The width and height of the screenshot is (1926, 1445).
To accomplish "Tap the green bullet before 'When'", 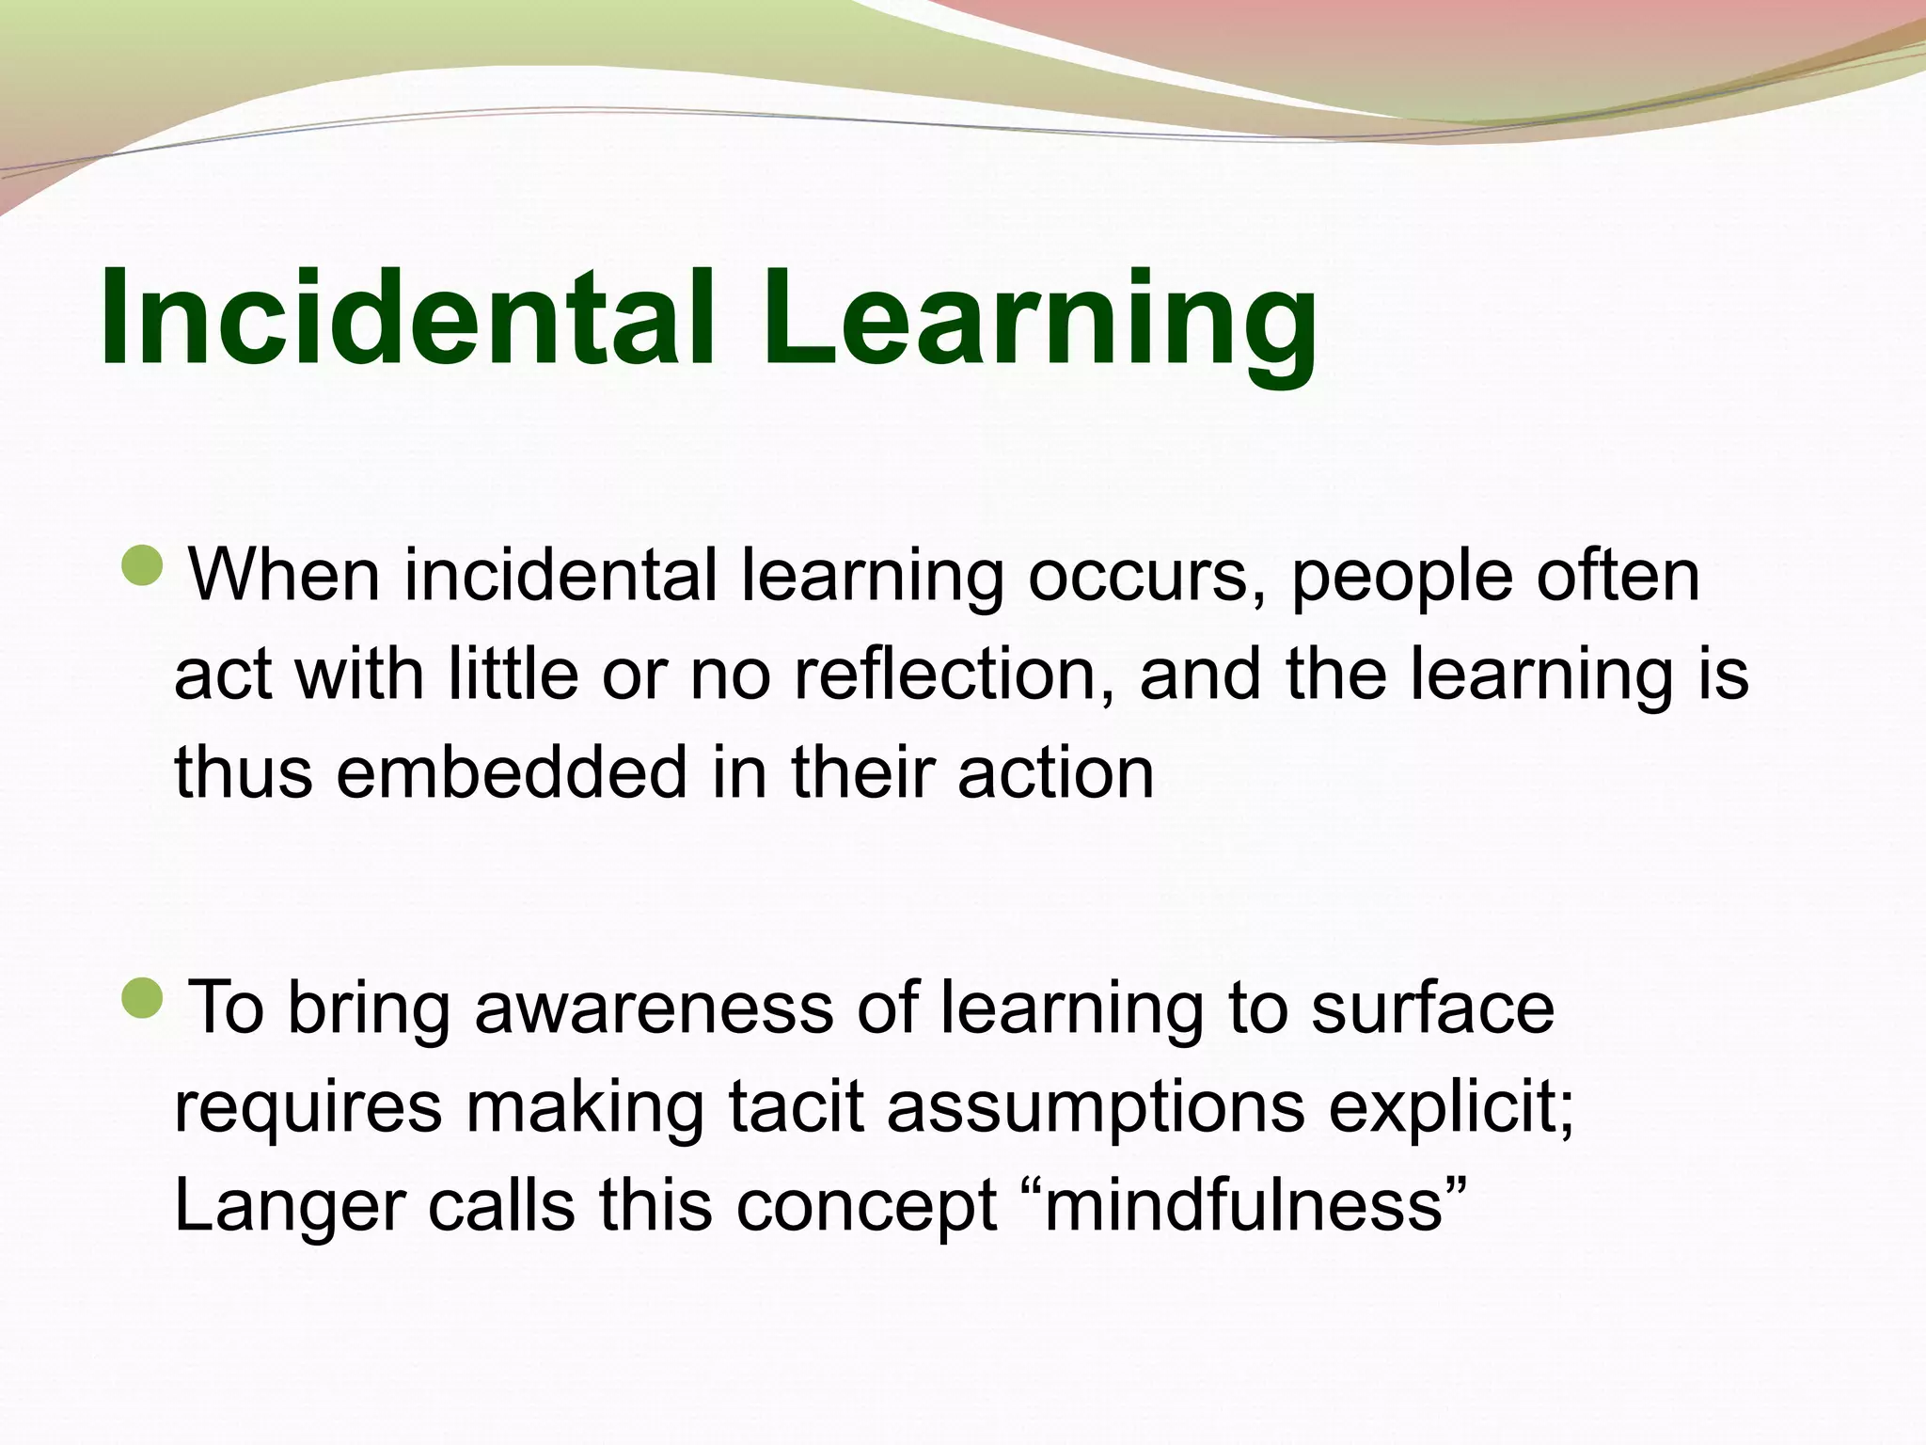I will tap(143, 566).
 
